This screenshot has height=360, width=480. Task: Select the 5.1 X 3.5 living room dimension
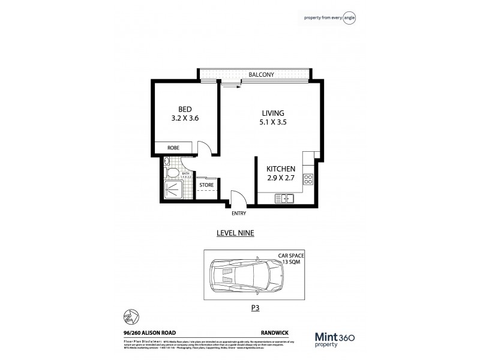[272, 124]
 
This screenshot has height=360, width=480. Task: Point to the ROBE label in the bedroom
[173, 147]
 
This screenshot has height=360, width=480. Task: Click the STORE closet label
[207, 185]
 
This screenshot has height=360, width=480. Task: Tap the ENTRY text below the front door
[239, 213]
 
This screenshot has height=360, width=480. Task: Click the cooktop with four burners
[308, 178]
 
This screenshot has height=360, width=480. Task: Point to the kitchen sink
[283, 199]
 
